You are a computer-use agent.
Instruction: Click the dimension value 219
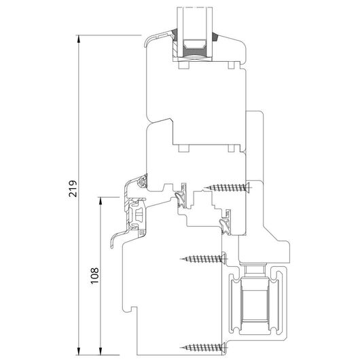click(x=73, y=189)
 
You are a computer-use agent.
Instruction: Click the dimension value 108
click(x=95, y=276)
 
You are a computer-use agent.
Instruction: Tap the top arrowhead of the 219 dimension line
click(x=79, y=39)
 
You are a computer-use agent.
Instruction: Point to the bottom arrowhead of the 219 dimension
click(x=79, y=350)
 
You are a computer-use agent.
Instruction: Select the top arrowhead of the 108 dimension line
click(x=101, y=201)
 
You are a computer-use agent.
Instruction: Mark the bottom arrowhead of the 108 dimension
click(x=101, y=350)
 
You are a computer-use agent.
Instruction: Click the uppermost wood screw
click(x=228, y=187)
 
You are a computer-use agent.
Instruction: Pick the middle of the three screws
click(x=204, y=259)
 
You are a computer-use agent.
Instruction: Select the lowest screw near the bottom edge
click(x=204, y=347)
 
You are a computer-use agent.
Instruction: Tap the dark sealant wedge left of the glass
click(x=175, y=35)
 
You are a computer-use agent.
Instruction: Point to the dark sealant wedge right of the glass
click(x=214, y=37)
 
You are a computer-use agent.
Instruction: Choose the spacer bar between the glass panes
click(x=195, y=48)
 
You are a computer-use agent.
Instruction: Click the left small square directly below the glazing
click(x=183, y=65)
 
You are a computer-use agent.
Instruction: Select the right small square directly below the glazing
click(x=231, y=65)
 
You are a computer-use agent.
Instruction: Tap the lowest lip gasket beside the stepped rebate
click(x=224, y=226)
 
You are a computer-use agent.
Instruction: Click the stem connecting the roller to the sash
click(x=254, y=270)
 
